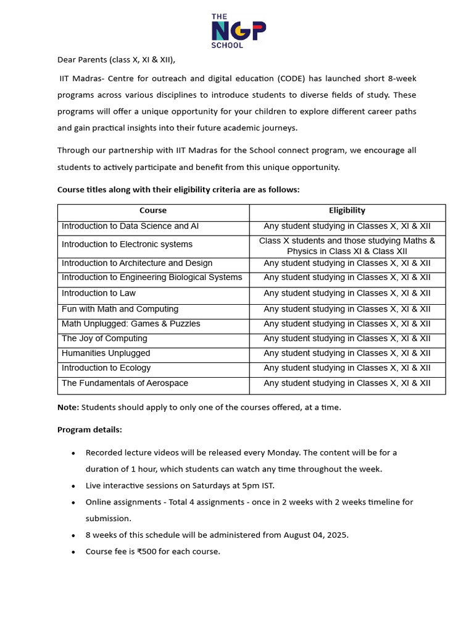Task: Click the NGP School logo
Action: click(x=238, y=31)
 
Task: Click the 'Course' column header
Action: click(x=153, y=211)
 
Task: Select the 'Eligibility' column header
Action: click(x=347, y=211)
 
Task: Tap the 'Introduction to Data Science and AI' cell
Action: click(x=130, y=226)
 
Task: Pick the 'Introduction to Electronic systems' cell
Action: click(x=127, y=245)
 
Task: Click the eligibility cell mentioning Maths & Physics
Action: click(x=347, y=246)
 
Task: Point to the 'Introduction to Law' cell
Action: click(x=99, y=293)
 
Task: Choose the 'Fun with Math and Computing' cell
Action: click(x=120, y=309)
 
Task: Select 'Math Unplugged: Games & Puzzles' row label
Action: click(x=131, y=324)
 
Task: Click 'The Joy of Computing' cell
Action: click(x=104, y=339)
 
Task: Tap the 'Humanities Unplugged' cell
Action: click(x=106, y=354)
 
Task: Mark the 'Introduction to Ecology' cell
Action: click(x=106, y=368)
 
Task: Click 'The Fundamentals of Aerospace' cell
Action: click(x=125, y=383)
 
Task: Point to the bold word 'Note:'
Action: click(x=68, y=407)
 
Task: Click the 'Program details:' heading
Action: click(x=89, y=430)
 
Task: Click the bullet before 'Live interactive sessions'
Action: click(x=73, y=486)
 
